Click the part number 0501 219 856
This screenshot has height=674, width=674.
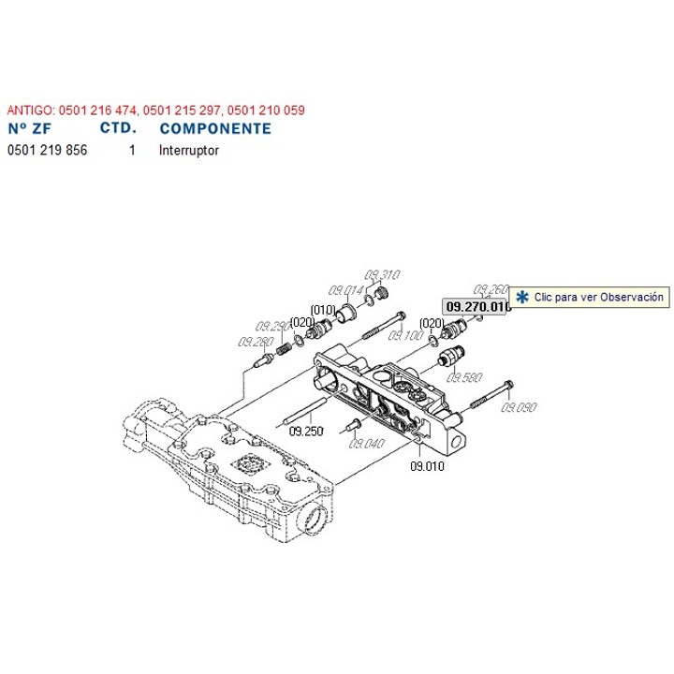point(47,149)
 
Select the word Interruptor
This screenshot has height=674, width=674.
point(190,149)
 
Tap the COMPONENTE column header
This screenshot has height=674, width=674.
point(216,129)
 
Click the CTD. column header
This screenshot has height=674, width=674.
point(117,129)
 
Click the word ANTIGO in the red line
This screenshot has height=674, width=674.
point(28,110)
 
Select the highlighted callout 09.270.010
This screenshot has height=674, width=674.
point(476,306)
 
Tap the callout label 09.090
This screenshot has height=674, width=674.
point(520,407)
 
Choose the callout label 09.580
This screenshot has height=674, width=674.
point(465,377)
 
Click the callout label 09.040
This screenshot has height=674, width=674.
point(367,443)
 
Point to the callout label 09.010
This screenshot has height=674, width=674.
point(427,464)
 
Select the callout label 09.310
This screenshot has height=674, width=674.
point(383,274)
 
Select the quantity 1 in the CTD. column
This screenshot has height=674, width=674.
point(132,149)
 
